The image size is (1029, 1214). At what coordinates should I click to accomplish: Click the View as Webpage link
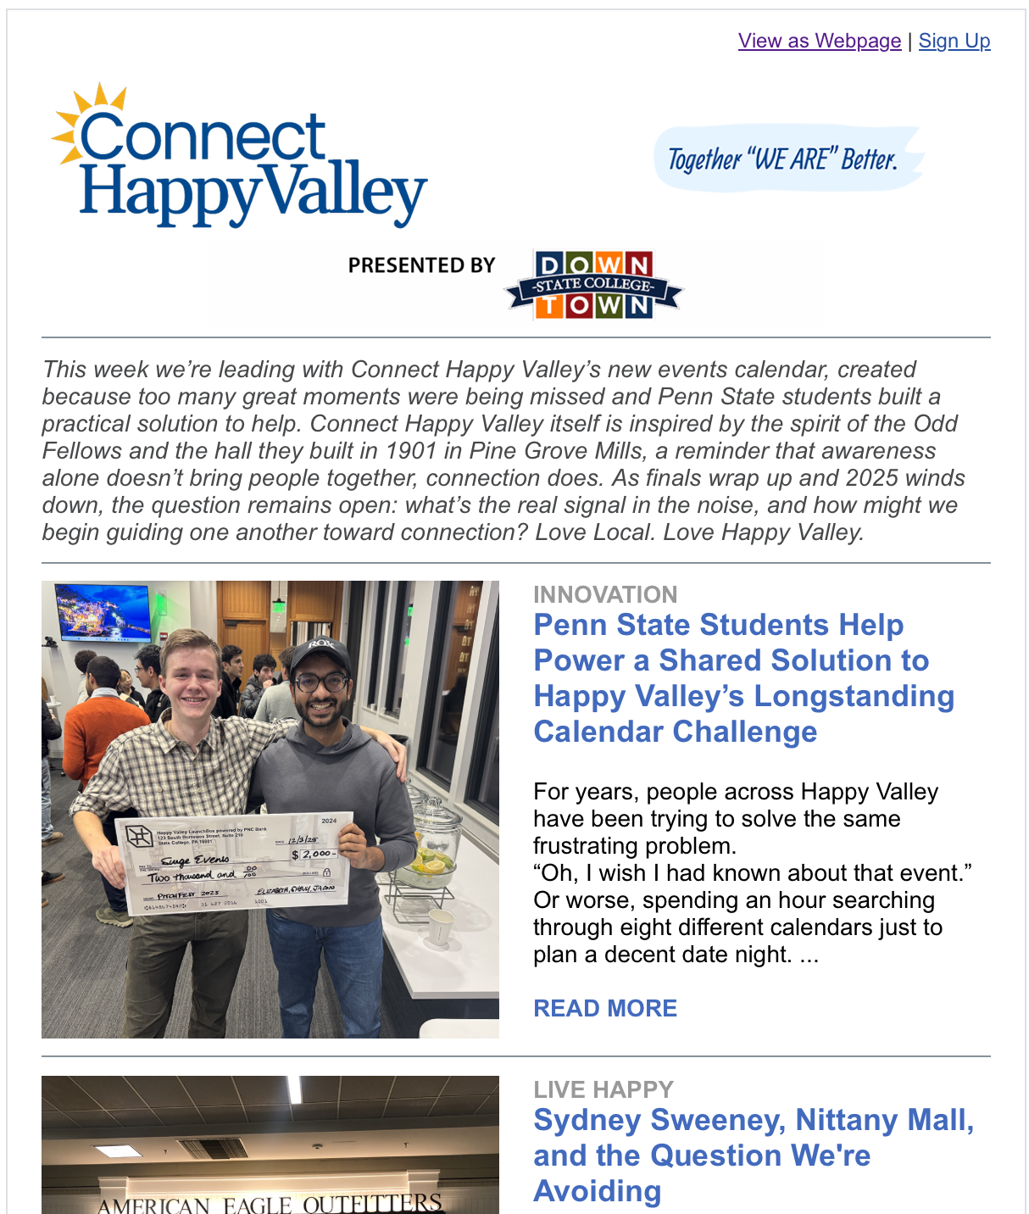pos(819,41)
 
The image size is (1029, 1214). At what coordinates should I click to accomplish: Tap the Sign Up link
pos(954,41)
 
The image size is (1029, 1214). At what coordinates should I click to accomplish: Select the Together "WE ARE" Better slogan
pos(783,159)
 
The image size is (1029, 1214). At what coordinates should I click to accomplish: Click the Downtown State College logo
pos(593,285)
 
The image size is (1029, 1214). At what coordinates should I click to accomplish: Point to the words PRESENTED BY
pos(421,265)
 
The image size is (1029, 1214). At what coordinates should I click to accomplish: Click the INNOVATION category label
pos(605,594)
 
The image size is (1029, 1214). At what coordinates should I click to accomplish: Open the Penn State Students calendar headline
pos(743,678)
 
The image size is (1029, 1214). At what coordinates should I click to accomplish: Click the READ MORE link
pos(605,1008)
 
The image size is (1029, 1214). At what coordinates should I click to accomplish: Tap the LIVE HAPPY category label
pos(603,1089)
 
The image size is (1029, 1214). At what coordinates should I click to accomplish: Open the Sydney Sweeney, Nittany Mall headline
pos(753,1155)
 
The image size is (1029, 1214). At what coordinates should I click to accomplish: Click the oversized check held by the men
pos(233,865)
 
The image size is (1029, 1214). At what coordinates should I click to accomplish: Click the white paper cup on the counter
pos(440,927)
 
